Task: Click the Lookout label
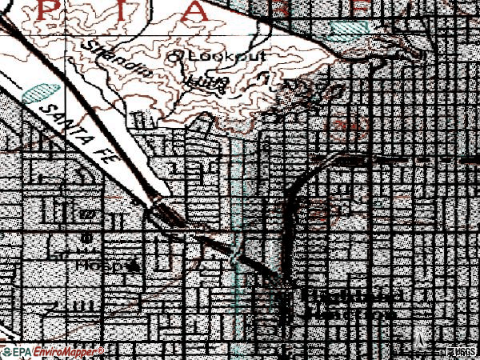213,58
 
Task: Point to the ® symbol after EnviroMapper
100,350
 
